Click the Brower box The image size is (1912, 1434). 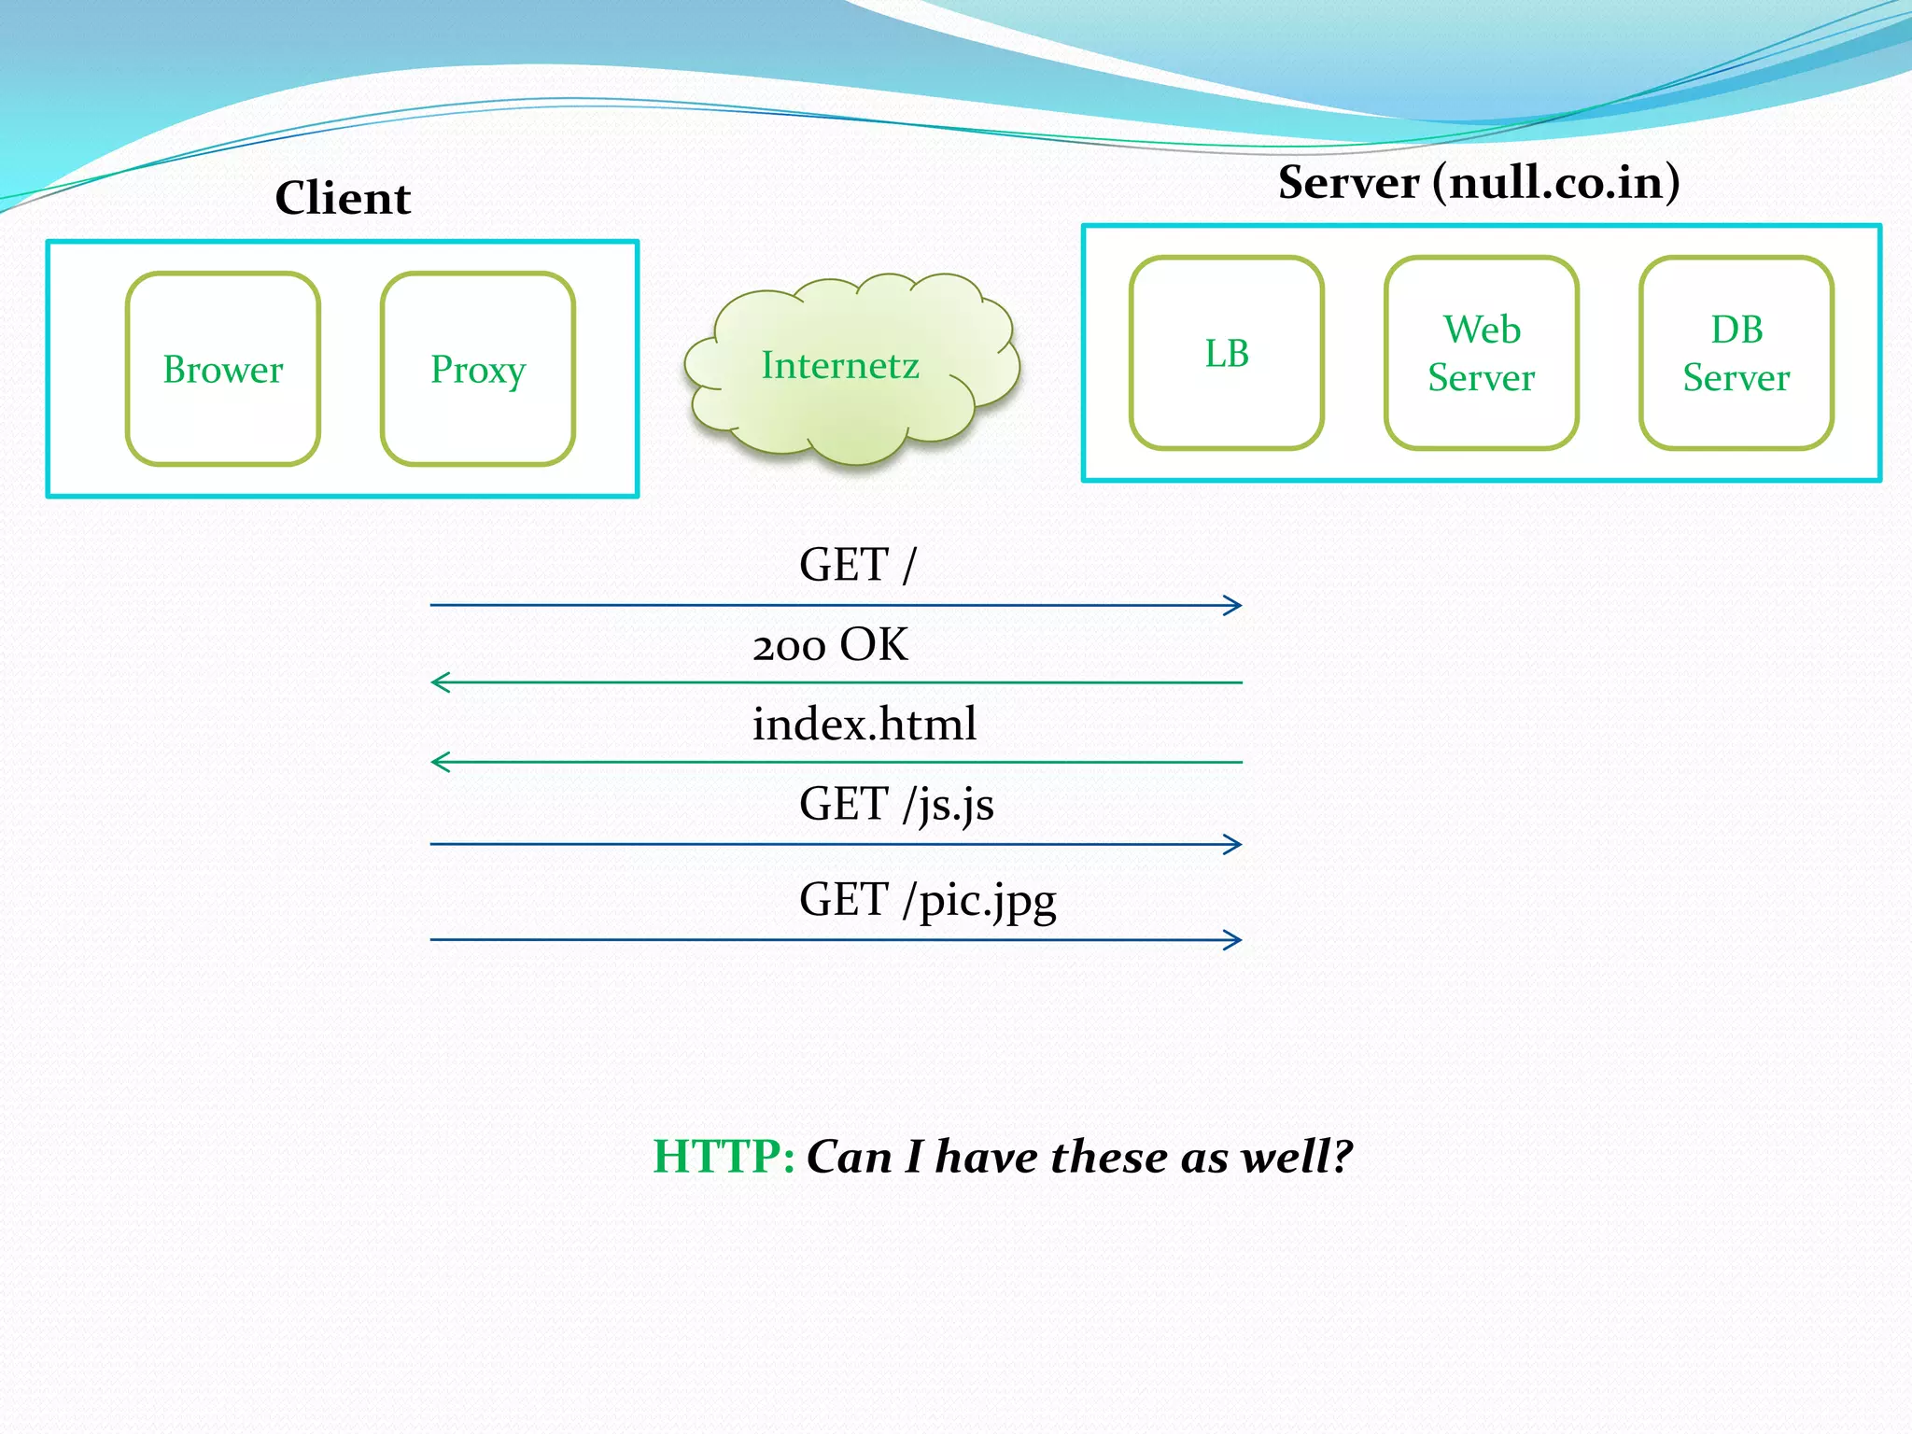[x=223, y=370]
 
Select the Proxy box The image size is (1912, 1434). [x=478, y=370]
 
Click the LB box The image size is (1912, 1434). [x=1226, y=354]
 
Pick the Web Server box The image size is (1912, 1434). [x=1482, y=354]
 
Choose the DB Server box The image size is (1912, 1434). [x=1736, y=354]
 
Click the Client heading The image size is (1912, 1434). [x=343, y=198]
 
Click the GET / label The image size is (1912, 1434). [x=857, y=565]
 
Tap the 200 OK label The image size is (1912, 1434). [x=830, y=645]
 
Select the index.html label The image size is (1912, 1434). [x=865, y=724]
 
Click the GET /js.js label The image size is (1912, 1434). [x=896, y=804]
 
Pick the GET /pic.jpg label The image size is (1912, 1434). [x=927, y=900]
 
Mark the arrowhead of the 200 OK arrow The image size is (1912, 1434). [x=439, y=682]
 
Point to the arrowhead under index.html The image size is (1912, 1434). [x=439, y=762]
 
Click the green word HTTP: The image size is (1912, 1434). [x=724, y=1157]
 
